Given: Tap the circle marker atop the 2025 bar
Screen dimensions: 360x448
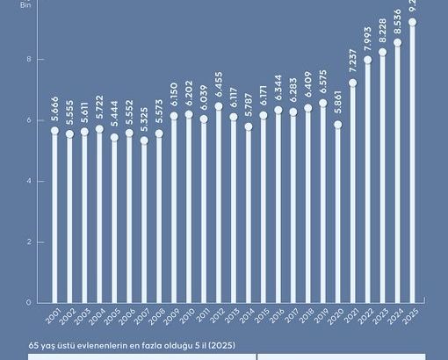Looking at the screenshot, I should coord(412,22).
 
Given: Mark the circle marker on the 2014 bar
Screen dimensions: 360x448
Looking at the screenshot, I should coord(249,126).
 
